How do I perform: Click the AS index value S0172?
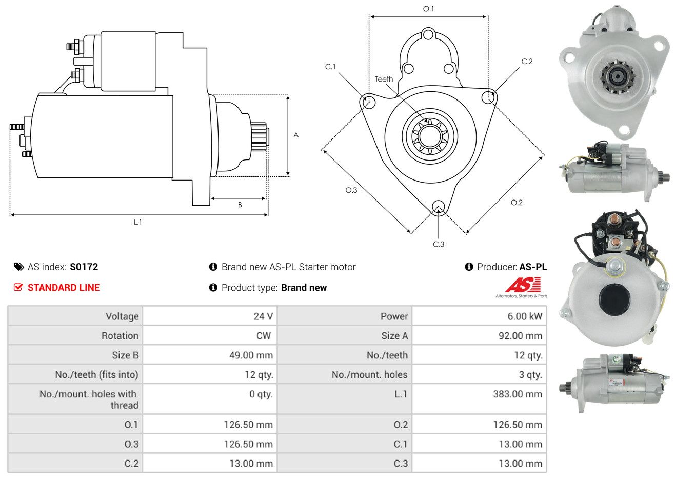[84, 267]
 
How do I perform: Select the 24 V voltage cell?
[263, 316]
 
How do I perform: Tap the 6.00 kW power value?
[524, 316]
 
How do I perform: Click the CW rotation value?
[263, 336]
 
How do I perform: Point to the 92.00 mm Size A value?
[519, 336]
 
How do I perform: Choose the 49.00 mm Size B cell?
[251, 355]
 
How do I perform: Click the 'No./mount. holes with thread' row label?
[88, 399]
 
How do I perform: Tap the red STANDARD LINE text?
[64, 288]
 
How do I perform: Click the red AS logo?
[522, 286]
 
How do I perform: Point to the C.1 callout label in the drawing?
[330, 67]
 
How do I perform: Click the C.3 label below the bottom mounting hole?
[439, 244]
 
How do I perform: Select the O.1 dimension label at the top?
[428, 9]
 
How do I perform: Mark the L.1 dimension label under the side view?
[137, 222]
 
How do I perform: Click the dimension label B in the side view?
[240, 205]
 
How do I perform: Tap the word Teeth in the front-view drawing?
[384, 79]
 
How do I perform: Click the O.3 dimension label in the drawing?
[351, 190]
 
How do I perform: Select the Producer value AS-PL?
[533, 267]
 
